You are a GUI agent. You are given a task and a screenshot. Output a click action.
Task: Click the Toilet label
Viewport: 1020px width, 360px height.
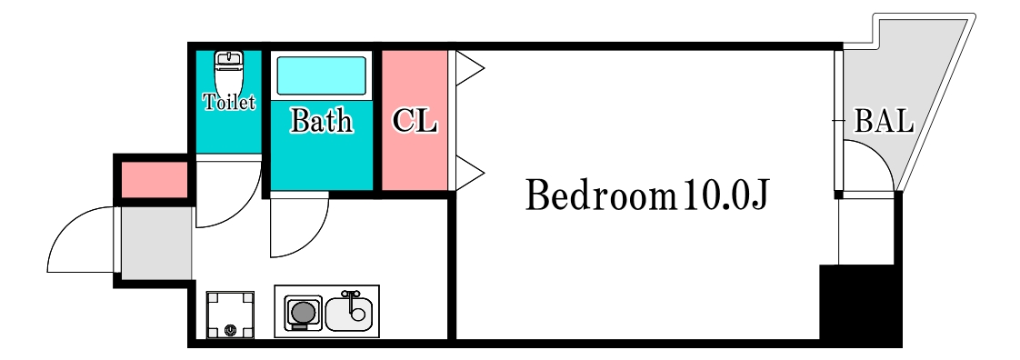pyautogui.click(x=229, y=103)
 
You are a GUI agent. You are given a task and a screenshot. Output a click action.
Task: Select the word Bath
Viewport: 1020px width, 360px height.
pyautogui.click(x=321, y=120)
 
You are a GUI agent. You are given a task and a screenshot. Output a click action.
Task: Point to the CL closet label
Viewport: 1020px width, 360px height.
pyautogui.click(x=414, y=121)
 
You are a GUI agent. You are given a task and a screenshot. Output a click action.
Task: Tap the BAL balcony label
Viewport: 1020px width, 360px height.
pyautogui.click(x=883, y=122)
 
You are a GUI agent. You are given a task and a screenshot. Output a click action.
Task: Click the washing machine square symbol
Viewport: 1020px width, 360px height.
pyautogui.click(x=230, y=315)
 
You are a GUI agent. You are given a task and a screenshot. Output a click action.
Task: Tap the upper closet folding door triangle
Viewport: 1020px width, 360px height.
pyautogui.click(x=468, y=68)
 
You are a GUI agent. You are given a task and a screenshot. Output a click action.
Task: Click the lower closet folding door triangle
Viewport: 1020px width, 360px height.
pyautogui.click(x=468, y=173)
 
